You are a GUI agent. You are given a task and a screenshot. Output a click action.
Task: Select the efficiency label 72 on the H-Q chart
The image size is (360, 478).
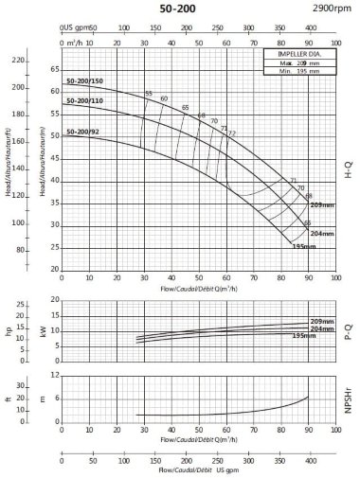click(231, 133)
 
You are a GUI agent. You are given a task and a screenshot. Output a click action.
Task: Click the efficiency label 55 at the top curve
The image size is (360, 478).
click(149, 93)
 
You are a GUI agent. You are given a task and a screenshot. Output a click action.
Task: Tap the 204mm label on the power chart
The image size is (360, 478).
click(323, 328)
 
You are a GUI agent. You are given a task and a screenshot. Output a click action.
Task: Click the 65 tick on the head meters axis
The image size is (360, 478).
click(54, 69)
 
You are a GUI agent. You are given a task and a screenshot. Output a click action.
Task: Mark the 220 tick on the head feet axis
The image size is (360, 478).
click(17, 60)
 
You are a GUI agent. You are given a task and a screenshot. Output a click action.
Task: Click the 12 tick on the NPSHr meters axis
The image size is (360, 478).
click(54, 376)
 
